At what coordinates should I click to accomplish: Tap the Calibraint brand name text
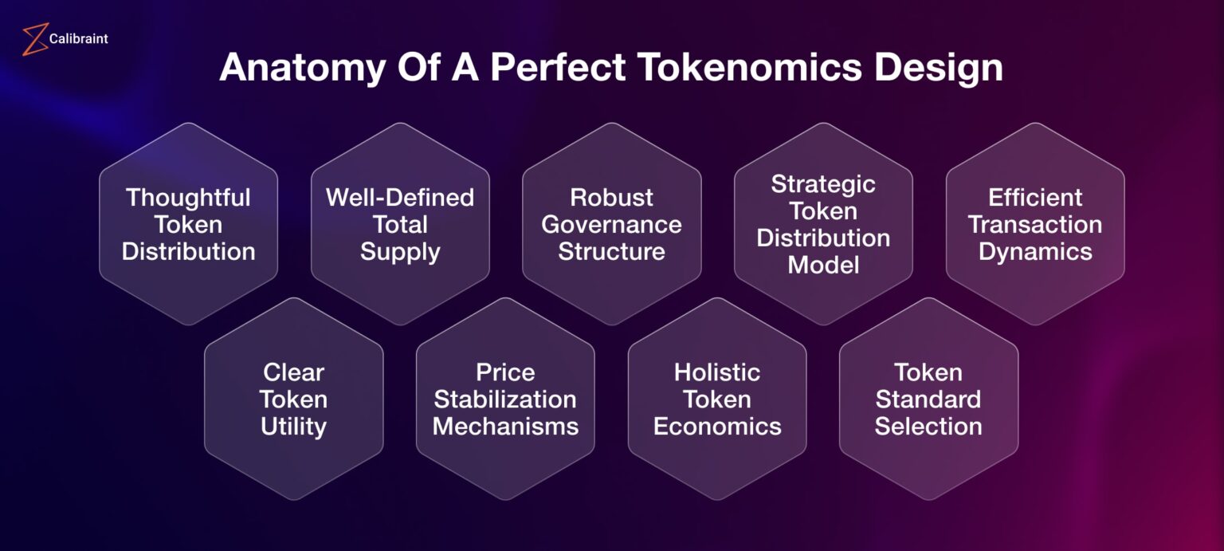78,38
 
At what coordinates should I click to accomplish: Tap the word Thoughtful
188,197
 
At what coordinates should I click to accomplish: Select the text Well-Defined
400,197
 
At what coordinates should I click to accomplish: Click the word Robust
611,197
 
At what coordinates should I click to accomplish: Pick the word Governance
611,224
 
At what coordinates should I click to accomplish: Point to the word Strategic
823,183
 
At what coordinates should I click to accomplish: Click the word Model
823,265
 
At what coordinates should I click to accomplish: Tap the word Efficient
1035,197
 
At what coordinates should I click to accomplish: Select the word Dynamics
1035,251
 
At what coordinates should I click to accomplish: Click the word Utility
293,426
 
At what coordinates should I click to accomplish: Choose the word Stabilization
505,399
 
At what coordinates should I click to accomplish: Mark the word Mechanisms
505,426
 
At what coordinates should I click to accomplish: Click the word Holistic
717,372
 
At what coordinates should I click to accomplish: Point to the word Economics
717,426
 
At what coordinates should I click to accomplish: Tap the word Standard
928,399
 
